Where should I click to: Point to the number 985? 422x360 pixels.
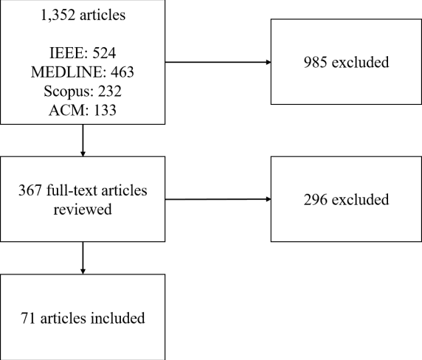point(316,62)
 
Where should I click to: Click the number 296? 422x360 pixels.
point(316,198)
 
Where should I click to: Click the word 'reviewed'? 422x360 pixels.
point(82,210)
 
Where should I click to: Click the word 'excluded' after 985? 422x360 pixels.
point(361,62)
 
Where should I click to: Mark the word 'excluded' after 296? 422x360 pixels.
point(361,198)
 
